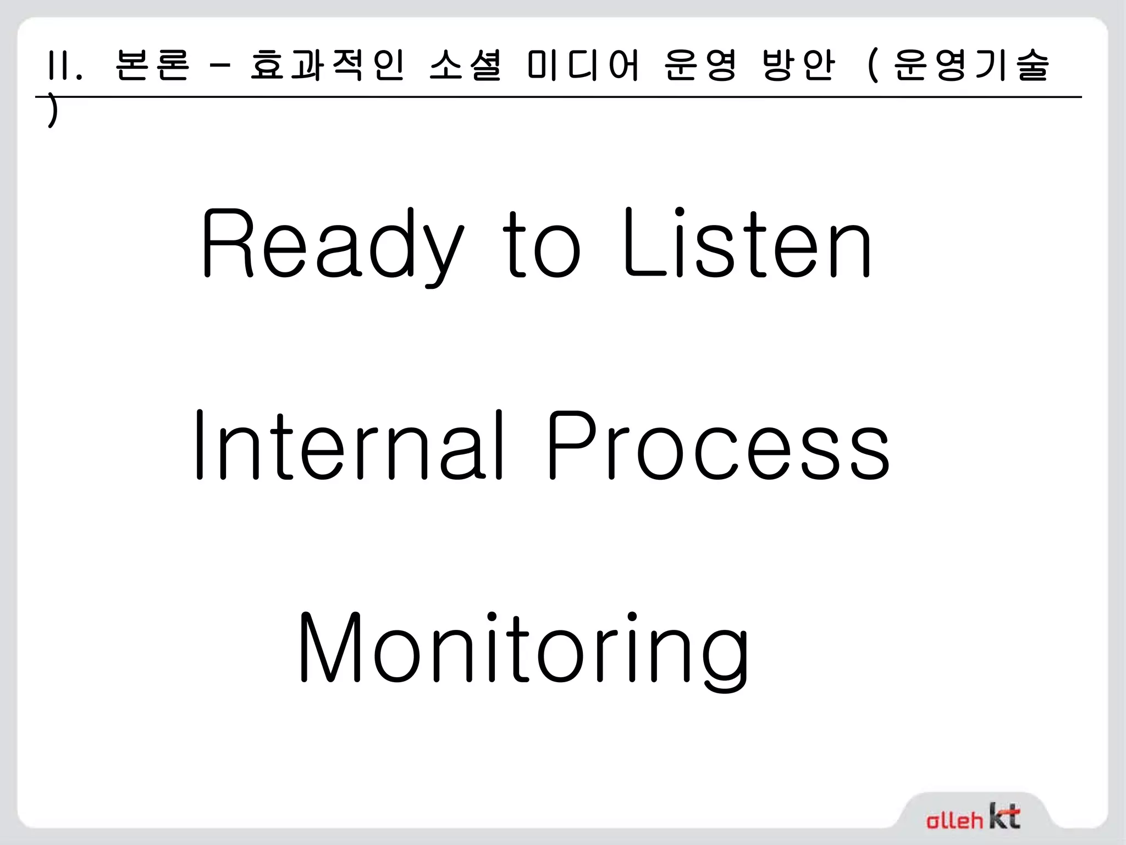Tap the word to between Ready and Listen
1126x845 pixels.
542,245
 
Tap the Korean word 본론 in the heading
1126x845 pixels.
153,65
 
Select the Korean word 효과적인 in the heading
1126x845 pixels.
328,65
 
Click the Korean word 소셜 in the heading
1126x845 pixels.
465,65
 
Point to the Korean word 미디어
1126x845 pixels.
583,65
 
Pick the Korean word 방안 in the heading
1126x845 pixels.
799,65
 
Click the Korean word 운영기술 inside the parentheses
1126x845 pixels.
971,65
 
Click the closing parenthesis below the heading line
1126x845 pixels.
52,113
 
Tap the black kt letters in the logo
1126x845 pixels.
1004,816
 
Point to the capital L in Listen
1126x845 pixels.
641,245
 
